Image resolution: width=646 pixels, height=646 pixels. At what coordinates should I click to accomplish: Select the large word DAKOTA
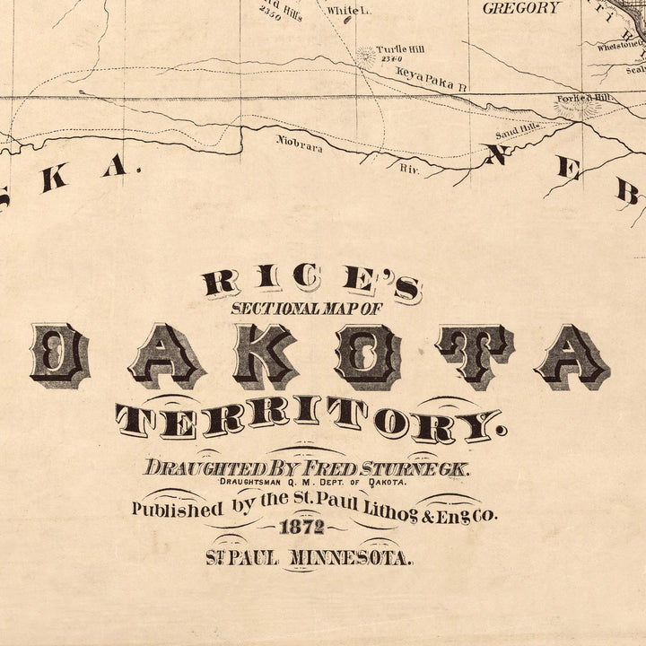320,356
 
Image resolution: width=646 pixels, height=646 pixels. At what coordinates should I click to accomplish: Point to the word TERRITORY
308,420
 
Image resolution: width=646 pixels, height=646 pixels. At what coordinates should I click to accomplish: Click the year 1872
302,528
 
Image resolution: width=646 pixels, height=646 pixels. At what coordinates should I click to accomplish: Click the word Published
177,509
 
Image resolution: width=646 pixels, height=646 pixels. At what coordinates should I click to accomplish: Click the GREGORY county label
521,8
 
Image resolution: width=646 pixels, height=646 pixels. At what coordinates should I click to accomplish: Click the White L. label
341,12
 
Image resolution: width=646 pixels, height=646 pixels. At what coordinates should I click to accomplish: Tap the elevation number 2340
388,59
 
